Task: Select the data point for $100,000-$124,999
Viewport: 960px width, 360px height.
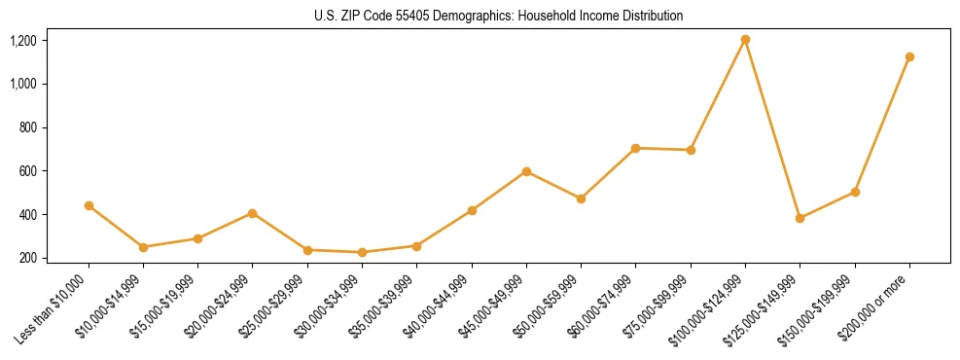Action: pos(745,40)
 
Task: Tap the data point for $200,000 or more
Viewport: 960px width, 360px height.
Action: pos(909,57)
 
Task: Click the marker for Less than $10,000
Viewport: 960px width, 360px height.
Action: pos(89,206)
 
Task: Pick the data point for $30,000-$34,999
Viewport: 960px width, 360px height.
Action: pos(362,253)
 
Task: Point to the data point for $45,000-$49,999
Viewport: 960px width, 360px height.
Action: pos(526,172)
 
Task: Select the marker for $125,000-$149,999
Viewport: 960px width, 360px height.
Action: pos(800,219)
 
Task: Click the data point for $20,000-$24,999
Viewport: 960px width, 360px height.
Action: pos(253,213)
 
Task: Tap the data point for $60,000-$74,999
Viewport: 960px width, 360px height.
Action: pos(635,149)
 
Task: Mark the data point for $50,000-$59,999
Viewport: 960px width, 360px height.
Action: pos(581,198)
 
